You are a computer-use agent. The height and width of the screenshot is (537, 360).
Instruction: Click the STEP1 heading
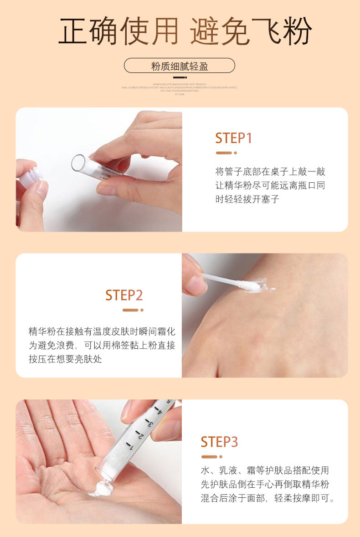pyautogui.click(x=233, y=138)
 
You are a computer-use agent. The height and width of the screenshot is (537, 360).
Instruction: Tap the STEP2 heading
pyautogui.click(x=124, y=295)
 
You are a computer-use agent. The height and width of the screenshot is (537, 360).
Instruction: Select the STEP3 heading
pyautogui.click(x=219, y=442)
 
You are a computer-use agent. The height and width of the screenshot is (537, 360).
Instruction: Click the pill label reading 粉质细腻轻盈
pyautogui.click(x=180, y=66)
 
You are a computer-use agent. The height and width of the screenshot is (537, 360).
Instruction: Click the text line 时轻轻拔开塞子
pyautogui.click(x=247, y=199)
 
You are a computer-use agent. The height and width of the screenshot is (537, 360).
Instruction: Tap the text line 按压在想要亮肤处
pyautogui.click(x=65, y=359)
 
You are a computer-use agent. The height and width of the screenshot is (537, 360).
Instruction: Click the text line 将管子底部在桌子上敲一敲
pyautogui.click(x=270, y=172)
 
